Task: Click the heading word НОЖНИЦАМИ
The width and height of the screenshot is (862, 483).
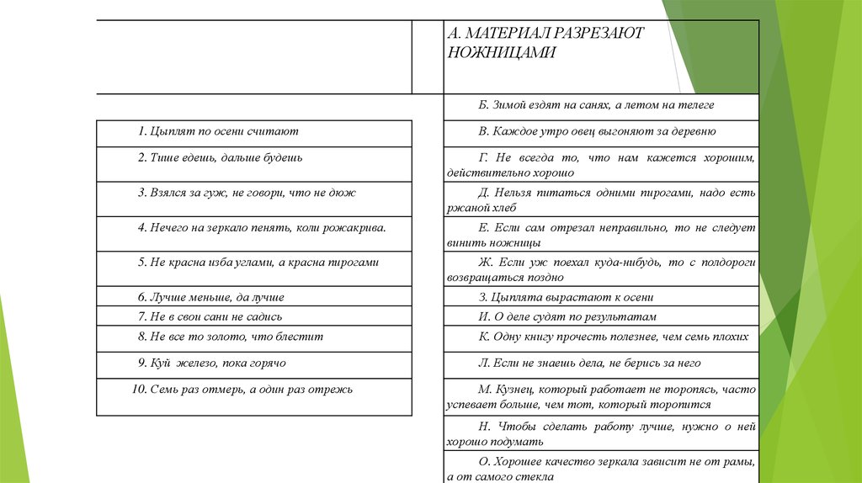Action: [x=502, y=51]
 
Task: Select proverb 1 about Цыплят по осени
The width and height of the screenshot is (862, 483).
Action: [x=219, y=131]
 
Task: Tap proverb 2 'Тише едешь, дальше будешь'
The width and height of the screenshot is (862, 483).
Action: [x=221, y=157]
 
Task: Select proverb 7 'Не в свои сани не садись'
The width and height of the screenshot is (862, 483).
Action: [x=215, y=317]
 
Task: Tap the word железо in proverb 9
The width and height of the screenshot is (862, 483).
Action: [x=202, y=363]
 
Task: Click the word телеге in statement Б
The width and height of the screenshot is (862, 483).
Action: [x=697, y=105]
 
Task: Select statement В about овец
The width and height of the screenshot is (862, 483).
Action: [x=597, y=131]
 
